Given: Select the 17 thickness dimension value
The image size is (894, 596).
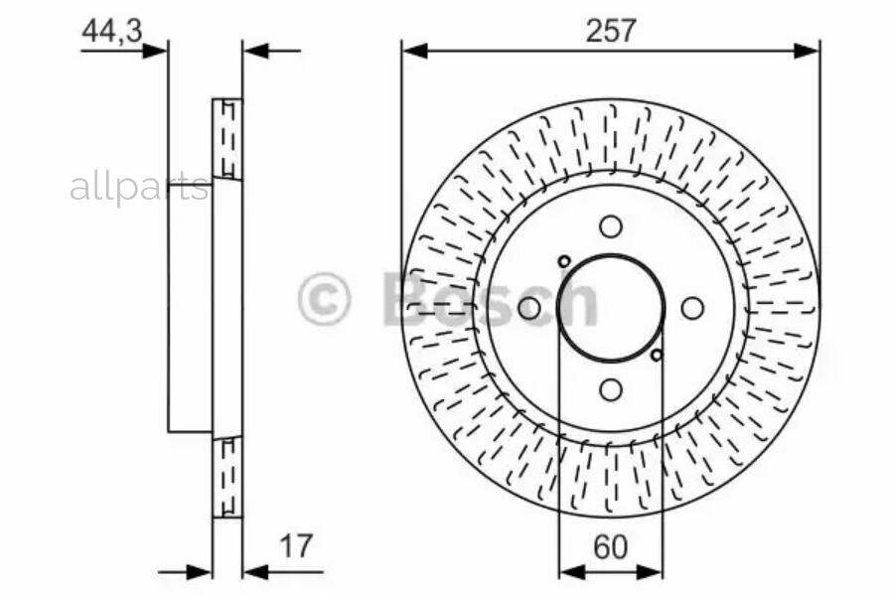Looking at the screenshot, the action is [x=296, y=545].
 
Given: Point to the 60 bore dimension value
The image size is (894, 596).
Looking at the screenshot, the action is [x=611, y=547].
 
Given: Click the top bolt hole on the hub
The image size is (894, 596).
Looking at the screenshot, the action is [x=611, y=226].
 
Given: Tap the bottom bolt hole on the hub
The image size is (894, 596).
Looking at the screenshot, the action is [x=611, y=390].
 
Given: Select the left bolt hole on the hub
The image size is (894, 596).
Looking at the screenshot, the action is [x=529, y=309].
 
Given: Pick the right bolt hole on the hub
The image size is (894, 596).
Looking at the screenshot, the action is [x=692, y=309].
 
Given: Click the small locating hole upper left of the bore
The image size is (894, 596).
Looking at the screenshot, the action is [x=564, y=262].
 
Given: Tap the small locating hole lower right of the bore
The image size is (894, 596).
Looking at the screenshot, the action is [x=657, y=355].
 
